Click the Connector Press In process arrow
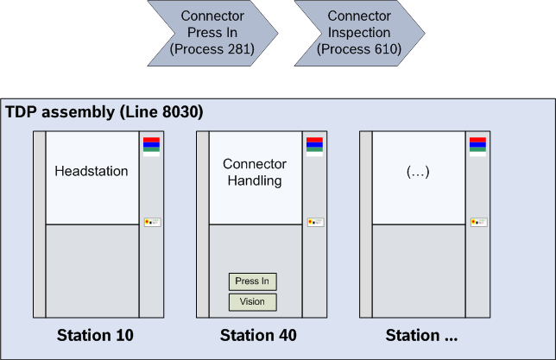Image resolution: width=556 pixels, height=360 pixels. [x=212, y=33]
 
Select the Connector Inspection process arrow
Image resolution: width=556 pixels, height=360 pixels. [x=359, y=33]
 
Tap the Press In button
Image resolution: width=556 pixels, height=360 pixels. [x=252, y=281]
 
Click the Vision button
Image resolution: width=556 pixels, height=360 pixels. [x=252, y=301]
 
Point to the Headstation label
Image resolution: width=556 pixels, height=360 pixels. [x=92, y=171]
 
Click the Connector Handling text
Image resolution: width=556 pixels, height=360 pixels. [x=255, y=172]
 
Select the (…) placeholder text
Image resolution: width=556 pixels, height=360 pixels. [x=418, y=171]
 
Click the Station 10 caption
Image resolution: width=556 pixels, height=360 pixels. [x=95, y=335]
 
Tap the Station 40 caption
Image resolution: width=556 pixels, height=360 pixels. [x=258, y=335]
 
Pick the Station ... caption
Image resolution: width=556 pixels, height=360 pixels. [x=421, y=335]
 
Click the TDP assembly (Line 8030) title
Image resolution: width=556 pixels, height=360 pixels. [x=104, y=113]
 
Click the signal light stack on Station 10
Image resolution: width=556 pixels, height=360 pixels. [x=151, y=146]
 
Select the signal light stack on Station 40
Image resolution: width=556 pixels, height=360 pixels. [x=314, y=146]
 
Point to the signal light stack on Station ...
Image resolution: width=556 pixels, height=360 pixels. [x=477, y=146]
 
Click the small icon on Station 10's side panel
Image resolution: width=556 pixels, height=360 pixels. [x=152, y=223]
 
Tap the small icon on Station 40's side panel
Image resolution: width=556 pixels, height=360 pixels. [x=315, y=223]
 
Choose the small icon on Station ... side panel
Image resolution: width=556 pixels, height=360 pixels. [x=478, y=223]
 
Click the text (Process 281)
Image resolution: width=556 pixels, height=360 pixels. [x=212, y=49]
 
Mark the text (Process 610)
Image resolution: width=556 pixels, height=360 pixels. [x=359, y=49]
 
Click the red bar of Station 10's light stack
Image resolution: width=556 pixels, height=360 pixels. [x=151, y=139]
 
